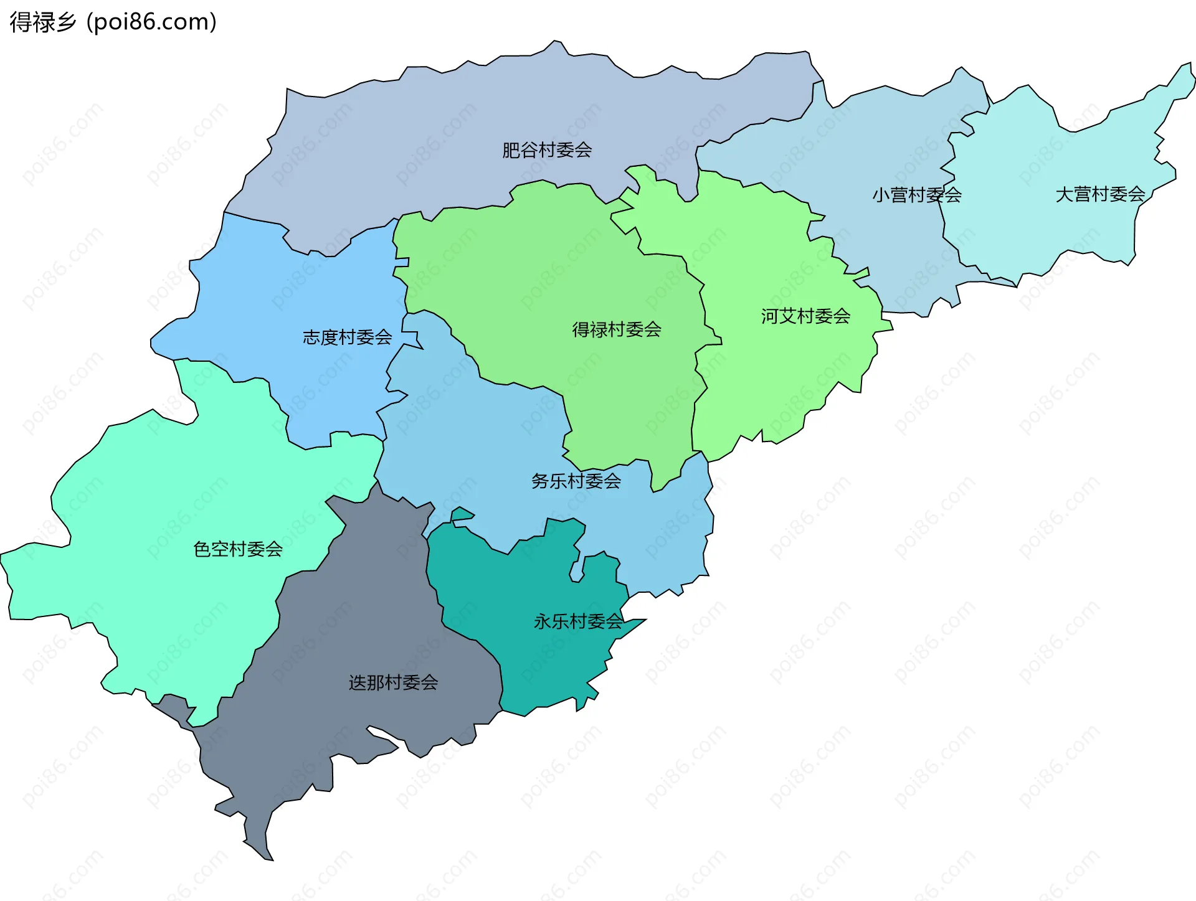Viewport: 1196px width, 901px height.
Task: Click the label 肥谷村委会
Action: pos(547,150)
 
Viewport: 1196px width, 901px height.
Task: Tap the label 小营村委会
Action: pos(916,196)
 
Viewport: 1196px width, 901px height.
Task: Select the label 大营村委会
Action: pos(1100,194)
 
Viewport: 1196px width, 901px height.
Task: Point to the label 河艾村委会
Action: pos(805,316)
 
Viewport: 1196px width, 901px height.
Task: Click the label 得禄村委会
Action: pos(617,329)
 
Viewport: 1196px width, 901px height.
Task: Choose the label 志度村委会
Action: pos(347,337)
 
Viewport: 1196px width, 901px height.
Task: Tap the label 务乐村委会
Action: pos(576,481)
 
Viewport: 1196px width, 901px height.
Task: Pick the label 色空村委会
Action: pos(238,549)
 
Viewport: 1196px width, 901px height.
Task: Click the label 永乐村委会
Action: pos(578,621)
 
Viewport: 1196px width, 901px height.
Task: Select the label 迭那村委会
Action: pos(393,683)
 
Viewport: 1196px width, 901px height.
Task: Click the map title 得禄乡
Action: pos(42,22)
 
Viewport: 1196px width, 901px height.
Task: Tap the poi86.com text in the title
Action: pos(152,22)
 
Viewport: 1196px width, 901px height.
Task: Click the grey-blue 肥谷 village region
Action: pos(436,125)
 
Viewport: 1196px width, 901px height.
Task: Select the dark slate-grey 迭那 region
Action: pos(349,623)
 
